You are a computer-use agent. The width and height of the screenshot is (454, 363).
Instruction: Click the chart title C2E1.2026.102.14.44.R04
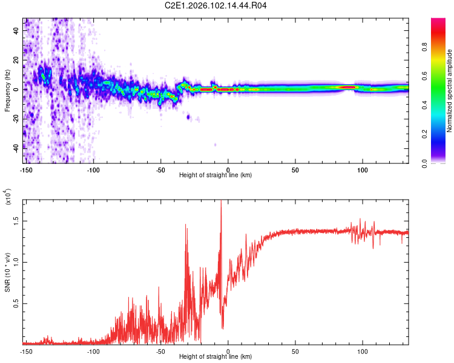click(216, 6)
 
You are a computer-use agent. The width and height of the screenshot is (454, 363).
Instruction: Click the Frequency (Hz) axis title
click(7, 90)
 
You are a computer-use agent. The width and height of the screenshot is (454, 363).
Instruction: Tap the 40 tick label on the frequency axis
click(17, 31)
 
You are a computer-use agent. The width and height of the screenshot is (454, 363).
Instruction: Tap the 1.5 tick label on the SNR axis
click(16, 221)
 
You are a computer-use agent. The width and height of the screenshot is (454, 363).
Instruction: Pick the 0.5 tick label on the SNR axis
click(16, 304)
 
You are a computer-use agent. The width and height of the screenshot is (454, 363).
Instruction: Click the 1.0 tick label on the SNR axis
click(16, 263)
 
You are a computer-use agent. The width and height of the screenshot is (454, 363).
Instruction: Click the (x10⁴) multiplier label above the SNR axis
click(8, 197)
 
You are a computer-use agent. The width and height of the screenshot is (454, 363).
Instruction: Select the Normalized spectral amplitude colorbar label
click(450, 91)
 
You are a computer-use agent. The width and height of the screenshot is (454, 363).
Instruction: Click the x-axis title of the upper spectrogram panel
click(215, 175)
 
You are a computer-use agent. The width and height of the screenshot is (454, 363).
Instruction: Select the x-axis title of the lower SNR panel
click(215, 356)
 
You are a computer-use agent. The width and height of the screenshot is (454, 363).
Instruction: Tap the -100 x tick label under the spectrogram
click(93, 169)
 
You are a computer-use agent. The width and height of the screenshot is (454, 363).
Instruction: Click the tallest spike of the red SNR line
click(221, 202)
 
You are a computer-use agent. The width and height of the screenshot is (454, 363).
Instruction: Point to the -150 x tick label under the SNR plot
click(26, 351)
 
